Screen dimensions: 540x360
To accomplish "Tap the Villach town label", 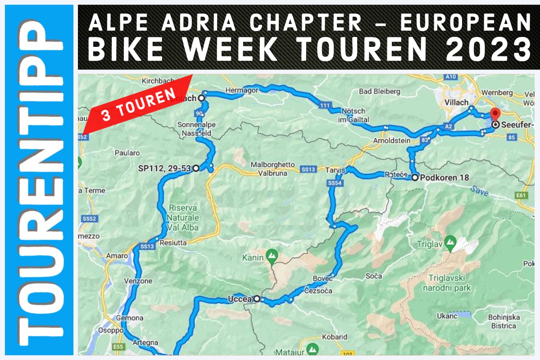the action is pyautogui.click(x=456, y=103).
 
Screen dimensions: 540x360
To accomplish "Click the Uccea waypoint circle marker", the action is pyautogui.click(x=257, y=298).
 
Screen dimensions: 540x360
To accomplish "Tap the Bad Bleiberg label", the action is pyautogui.click(x=379, y=91).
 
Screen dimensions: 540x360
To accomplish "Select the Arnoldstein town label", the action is pyautogui.click(x=391, y=141).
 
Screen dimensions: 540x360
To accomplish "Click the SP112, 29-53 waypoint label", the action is pyautogui.click(x=165, y=169).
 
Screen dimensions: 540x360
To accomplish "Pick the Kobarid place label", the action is pyautogui.click(x=335, y=337).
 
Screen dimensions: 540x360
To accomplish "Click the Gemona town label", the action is pyautogui.click(x=130, y=318).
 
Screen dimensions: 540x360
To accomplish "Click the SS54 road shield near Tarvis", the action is pyautogui.click(x=335, y=183).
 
